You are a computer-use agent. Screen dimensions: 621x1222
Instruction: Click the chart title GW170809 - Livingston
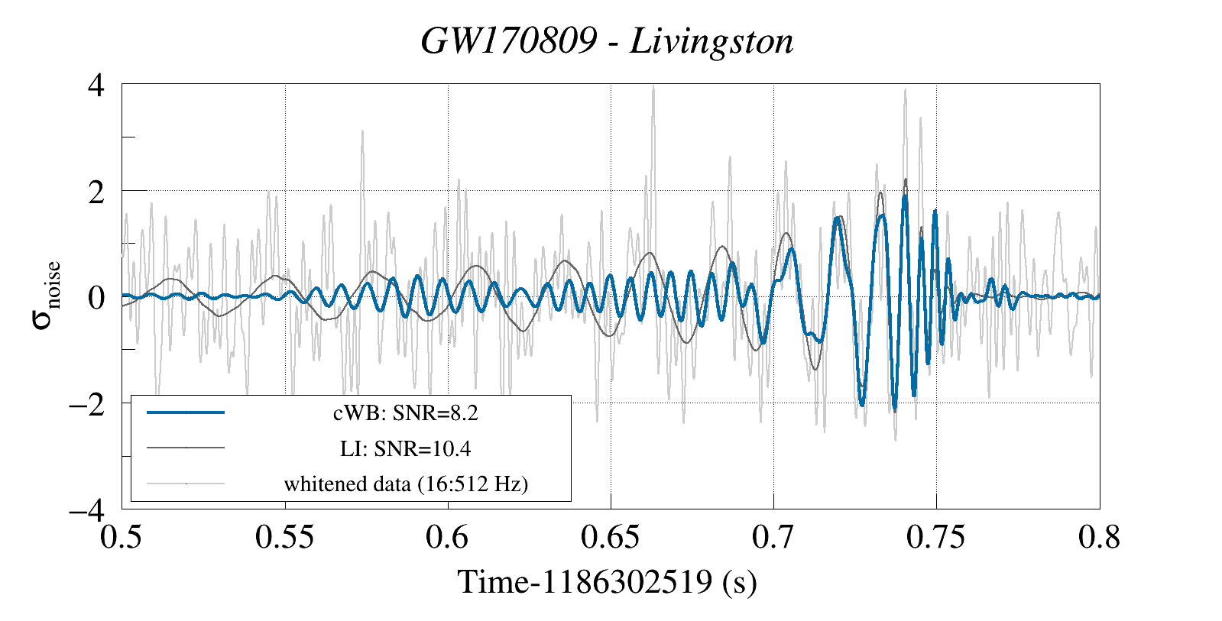[x=607, y=41]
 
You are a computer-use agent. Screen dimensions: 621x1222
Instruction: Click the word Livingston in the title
[x=711, y=41]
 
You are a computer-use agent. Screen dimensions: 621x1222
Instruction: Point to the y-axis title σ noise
[x=46, y=296]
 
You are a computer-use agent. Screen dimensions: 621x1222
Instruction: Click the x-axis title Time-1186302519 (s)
[x=607, y=582]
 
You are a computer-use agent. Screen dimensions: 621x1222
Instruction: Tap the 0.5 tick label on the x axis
[x=122, y=537]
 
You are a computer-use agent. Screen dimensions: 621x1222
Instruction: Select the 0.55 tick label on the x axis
[x=284, y=537]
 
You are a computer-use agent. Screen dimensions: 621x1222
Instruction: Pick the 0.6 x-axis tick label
[x=448, y=537]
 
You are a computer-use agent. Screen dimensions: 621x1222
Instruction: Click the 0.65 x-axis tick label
[x=610, y=537]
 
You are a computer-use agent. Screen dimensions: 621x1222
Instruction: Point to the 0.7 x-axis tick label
[x=773, y=537]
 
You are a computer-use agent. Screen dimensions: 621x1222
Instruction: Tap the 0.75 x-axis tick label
[x=935, y=537]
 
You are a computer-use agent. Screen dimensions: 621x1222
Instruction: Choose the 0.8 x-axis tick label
[x=1099, y=537]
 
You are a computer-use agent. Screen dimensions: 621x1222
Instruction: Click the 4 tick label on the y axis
[x=96, y=85]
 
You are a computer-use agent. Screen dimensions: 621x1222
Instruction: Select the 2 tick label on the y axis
[x=96, y=192]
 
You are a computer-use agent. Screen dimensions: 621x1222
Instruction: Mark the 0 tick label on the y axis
[x=96, y=297]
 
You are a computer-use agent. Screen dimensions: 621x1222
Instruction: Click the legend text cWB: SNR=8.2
[x=406, y=413]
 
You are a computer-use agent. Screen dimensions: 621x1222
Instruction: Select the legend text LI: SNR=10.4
[x=406, y=448]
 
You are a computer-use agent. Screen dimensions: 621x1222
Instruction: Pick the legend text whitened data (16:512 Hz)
[x=406, y=484]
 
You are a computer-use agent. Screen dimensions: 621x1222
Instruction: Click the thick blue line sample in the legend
[x=186, y=412]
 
